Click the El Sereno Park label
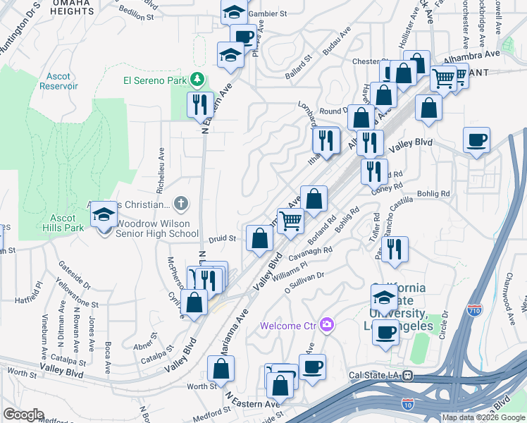point(154,80)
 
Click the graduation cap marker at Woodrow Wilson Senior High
point(104,215)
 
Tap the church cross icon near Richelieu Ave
point(182,204)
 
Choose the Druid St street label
point(222,239)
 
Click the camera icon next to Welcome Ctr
point(325,325)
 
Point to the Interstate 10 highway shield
point(407,404)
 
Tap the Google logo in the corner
point(23,415)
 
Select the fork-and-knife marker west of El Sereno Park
point(199,105)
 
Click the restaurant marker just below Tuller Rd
point(394,248)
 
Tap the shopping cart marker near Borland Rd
point(290,221)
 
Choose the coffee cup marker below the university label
point(385,332)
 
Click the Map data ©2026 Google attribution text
point(483,417)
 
